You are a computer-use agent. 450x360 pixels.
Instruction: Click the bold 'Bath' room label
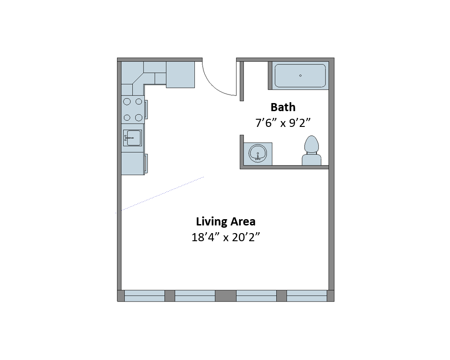[x=283, y=107]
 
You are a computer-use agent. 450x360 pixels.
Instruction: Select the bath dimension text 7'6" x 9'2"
[x=283, y=123]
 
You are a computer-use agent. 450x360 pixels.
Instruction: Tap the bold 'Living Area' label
[x=226, y=221]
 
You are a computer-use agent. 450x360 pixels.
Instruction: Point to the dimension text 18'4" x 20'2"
[x=226, y=237]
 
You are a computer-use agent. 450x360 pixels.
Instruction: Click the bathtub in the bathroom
[x=300, y=76]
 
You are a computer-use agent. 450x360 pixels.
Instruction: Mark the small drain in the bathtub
[x=301, y=76]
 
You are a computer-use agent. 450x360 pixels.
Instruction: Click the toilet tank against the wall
[x=311, y=159]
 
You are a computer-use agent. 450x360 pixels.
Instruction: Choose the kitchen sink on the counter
[x=132, y=138]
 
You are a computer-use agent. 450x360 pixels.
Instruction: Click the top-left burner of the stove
[x=127, y=102]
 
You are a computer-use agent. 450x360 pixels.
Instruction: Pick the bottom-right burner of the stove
[x=139, y=117]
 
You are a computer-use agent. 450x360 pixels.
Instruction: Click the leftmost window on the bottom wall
[x=144, y=296]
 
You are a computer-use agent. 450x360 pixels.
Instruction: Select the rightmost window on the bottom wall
[x=306, y=296]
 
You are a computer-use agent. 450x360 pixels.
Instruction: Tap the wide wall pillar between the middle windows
[x=225, y=296]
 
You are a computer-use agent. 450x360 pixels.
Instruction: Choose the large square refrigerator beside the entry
[x=180, y=74]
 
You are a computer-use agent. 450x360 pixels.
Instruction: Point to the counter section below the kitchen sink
[x=132, y=163]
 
